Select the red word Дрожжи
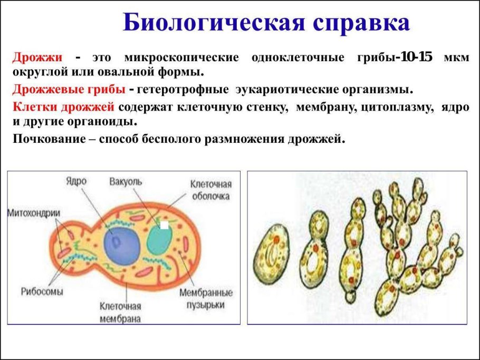tap(37, 57)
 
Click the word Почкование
tap(49, 139)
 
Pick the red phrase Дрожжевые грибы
tap(69, 89)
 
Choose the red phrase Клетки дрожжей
tap(63, 107)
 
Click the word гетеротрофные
tap(183, 89)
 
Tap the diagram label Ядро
tap(76, 181)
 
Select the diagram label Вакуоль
tap(126, 181)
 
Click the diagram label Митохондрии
tap(34, 213)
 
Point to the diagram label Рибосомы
tap(42, 291)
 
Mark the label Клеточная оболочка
tap(211, 190)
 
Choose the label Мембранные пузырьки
tap(206, 298)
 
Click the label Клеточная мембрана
tap(120, 312)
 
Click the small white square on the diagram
tap(165, 225)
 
